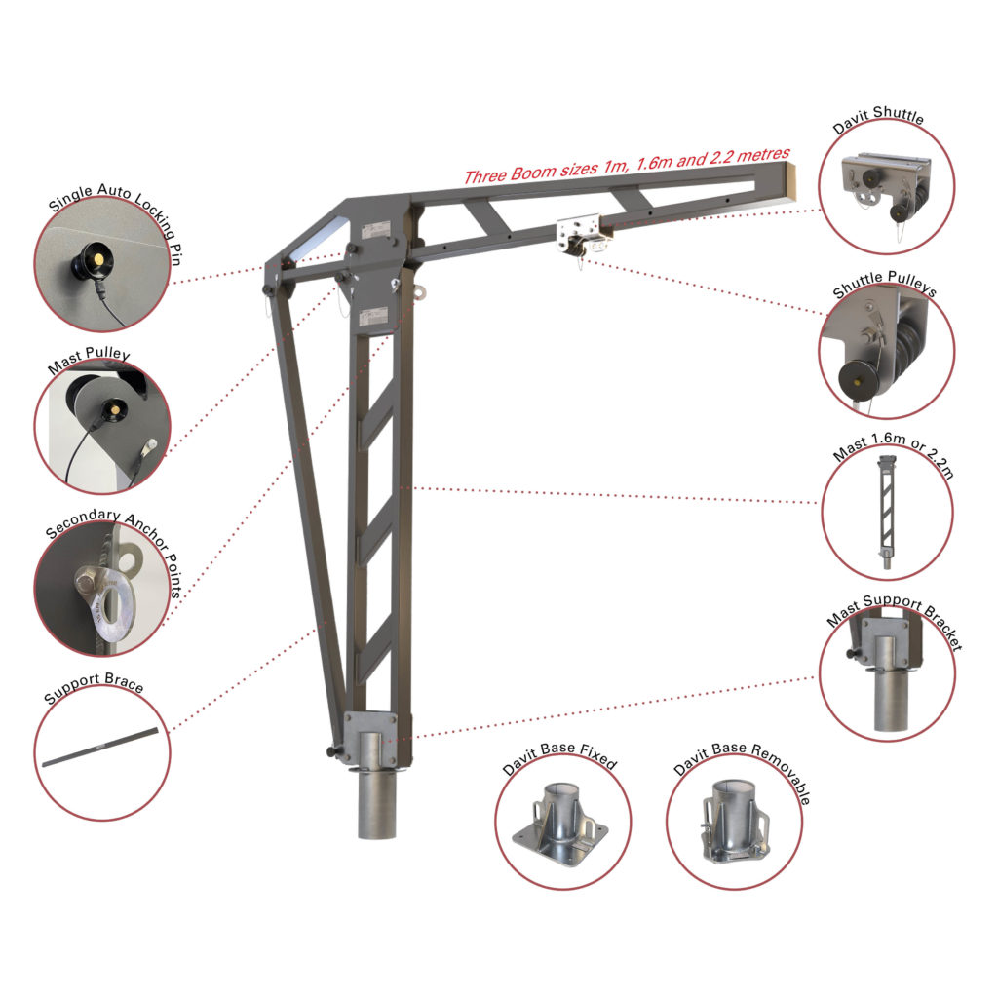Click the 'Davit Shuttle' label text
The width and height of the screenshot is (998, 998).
pyautogui.click(x=878, y=119)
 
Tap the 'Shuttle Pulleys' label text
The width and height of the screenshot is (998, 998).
pyautogui.click(x=885, y=284)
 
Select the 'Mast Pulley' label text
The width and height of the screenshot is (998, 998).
pyautogui.click(x=89, y=361)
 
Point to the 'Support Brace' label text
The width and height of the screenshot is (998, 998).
pyautogui.click(x=94, y=687)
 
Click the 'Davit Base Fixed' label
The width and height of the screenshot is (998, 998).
pyautogui.click(x=559, y=756)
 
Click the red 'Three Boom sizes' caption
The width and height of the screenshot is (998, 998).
pyautogui.click(x=627, y=165)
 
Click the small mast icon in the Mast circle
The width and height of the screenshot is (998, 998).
pyautogui.click(x=886, y=512)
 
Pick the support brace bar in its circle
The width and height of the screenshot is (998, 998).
pyautogui.click(x=100, y=748)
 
